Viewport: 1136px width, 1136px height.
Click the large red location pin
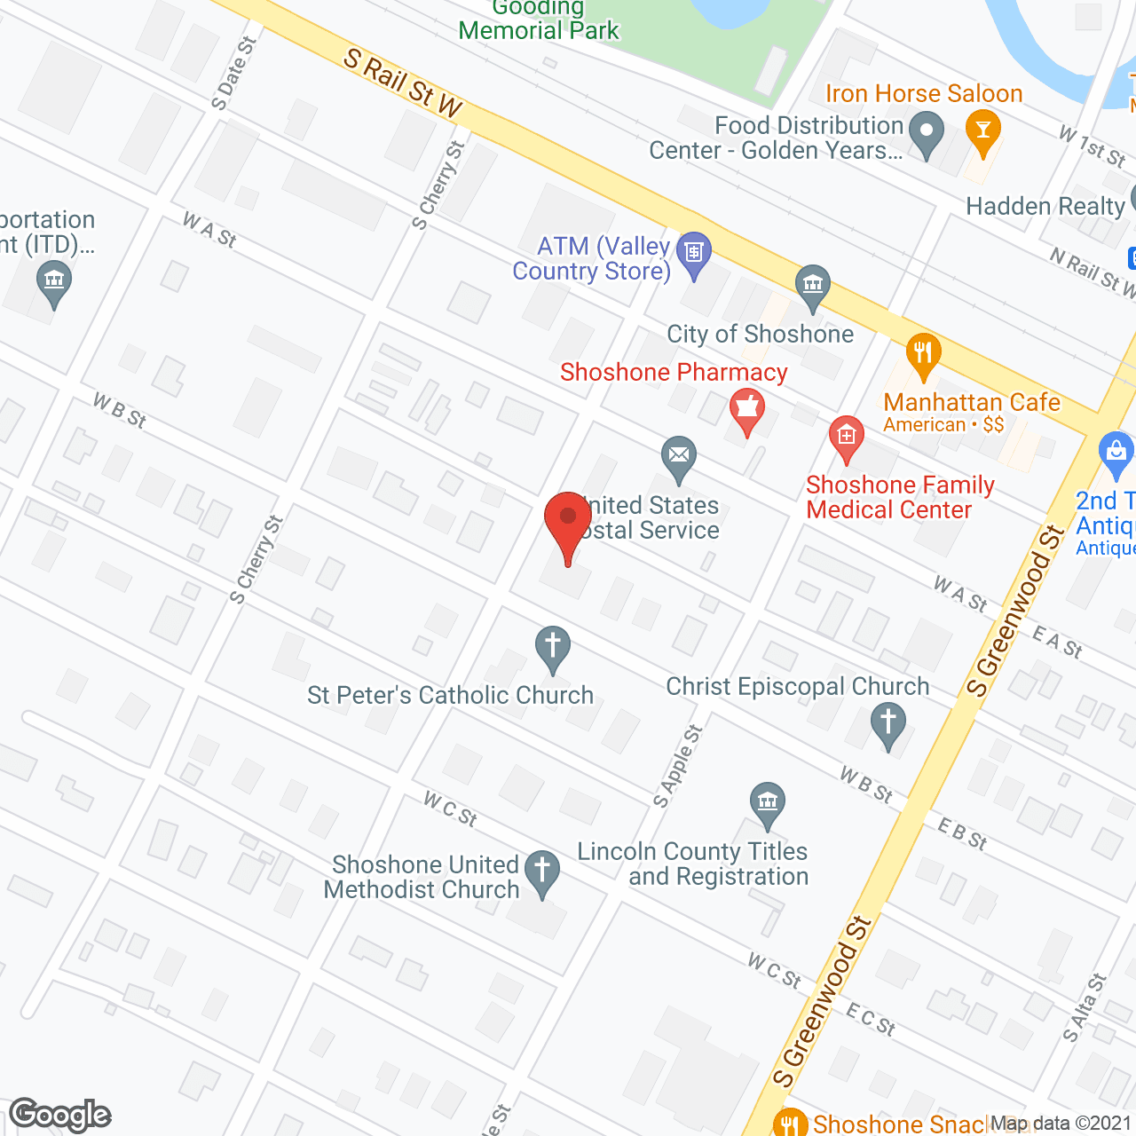coord(568,518)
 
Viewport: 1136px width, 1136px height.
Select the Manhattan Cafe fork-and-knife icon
coord(923,353)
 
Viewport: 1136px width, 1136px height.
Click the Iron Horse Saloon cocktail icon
coord(982,131)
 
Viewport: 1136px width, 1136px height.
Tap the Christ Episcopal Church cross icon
coord(887,723)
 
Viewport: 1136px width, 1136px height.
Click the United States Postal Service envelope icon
coord(679,457)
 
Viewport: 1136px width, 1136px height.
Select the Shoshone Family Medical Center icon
coord(846,438)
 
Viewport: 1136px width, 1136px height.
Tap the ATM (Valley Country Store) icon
coord(694,254)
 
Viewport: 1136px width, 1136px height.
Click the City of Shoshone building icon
coord(812,286)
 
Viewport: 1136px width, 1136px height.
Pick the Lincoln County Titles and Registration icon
coord(768,803)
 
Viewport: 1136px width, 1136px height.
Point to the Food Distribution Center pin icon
coord(927,133)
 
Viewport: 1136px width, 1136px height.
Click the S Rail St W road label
coord(403,84)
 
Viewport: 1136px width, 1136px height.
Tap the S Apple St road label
coord(678,766)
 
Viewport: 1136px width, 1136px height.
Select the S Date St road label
coord(234,73)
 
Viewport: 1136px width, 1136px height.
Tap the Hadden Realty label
coord(1045,207)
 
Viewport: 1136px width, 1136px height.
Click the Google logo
coord(60,1115)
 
